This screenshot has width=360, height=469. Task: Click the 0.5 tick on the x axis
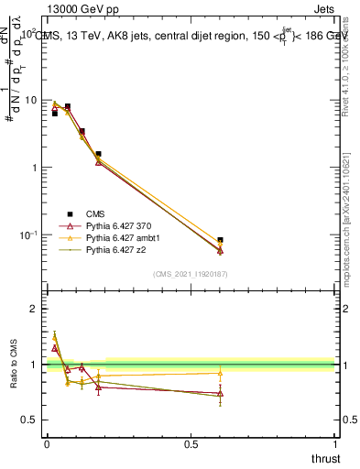click(x=191, y=444)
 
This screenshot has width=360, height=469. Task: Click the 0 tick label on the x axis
click(x=47, y=444)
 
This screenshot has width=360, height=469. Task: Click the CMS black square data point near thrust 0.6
click(x=220, y=241)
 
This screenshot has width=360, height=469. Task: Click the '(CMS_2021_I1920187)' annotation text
click(x=191, y=274)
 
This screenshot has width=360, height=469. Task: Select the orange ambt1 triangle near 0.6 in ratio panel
click(x=220, y=373)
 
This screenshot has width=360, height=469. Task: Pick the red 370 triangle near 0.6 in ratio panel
click(x=220, y=394)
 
